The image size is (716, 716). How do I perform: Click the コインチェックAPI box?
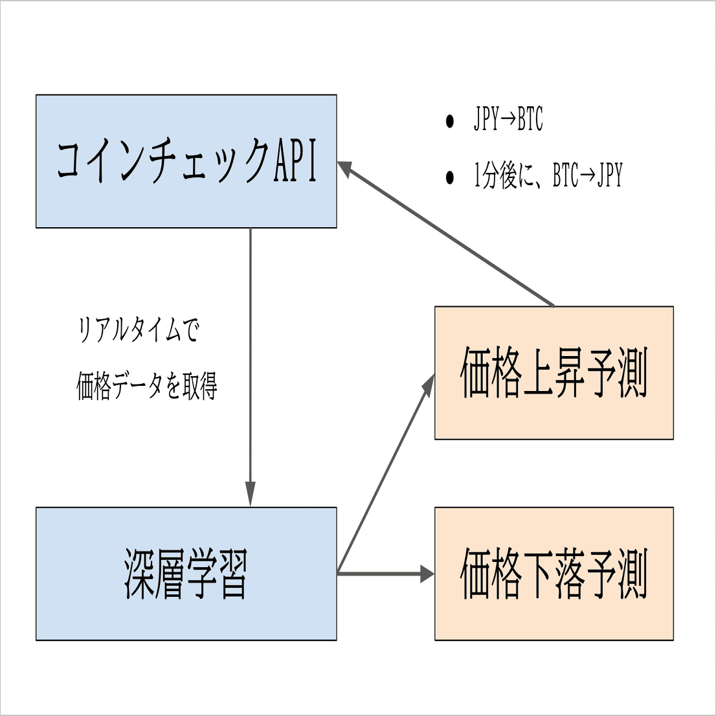[186, 161]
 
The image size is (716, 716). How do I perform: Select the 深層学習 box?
[186, 574]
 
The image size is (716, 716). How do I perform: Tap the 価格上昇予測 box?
[554, 373]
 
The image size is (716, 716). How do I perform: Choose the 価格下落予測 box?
[554, 574]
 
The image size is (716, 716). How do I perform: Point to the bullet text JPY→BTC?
[508, 120]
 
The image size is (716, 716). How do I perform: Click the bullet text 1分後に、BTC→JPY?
[548, 176]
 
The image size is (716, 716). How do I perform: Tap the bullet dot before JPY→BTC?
[450, 122]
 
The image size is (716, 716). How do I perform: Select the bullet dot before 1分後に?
[450, 177]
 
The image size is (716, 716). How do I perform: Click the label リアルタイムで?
[139, 330]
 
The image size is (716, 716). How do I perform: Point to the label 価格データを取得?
[147, 386]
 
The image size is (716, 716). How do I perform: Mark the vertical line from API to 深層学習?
[251, 356]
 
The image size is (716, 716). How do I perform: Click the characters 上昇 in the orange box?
[554, 373]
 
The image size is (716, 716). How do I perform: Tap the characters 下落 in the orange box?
[554, 574]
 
